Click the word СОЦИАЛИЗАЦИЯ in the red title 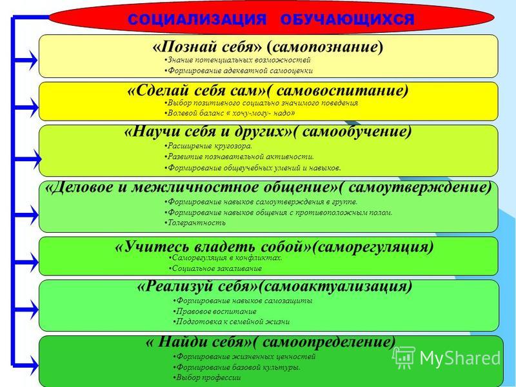tap(197, 20)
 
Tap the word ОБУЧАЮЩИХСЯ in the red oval tap(347, 20)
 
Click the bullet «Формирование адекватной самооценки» tap(238, 71)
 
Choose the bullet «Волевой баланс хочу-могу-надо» tap(230, 114)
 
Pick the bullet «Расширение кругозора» tap(208, 146)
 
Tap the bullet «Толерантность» tap(195, 223)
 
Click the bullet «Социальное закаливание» tap(215, 268)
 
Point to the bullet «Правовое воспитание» tap(215, 312)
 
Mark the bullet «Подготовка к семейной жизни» tap(232, 321)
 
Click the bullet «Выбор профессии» tap(207, 377)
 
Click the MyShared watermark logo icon tap(404, 357)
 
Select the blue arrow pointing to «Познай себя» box tap(25, 60)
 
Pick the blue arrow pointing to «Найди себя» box tap(25, 365)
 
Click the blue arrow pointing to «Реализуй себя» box tap(25, 309)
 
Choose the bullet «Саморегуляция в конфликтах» tap(225, 257)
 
